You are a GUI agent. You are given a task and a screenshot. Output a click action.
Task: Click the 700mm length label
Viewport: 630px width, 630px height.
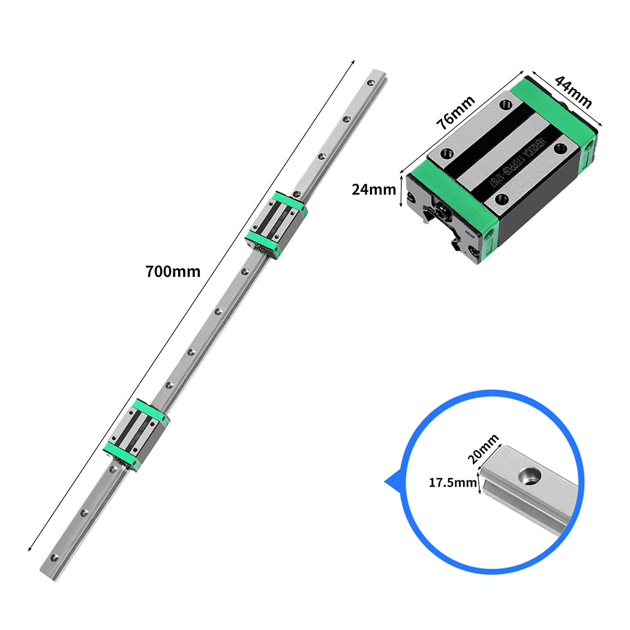pyautogui.click(x=173, y=271)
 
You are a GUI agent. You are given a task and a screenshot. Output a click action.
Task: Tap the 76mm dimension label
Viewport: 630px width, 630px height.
pyautogui.click(x=455, y=112)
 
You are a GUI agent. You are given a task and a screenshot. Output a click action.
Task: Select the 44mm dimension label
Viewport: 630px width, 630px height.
pyautogui.click(x=573, y=92)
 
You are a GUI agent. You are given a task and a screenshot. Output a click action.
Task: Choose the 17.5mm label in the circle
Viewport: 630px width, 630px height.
pyautogui.click(x=453, y=482)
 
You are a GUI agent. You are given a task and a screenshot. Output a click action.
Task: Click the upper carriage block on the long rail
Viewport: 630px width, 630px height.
pyautogui.click(x=277, y=224)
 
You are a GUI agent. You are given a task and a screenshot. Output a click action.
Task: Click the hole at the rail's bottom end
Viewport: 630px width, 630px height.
pyautogui.click(x=56, y=557)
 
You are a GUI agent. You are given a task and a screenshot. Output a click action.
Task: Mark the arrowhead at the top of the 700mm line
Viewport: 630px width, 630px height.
pyautogui.click(x=353, y=61)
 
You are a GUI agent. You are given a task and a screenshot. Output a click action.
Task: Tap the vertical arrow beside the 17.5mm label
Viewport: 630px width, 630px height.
pyautogui.click(x=479, y=482)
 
